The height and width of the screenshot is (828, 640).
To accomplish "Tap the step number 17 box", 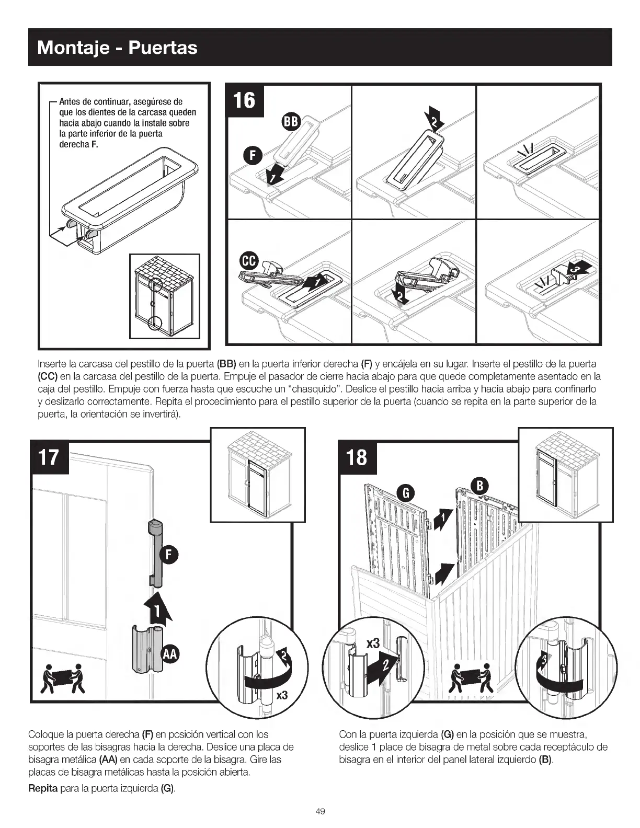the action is [50, 457].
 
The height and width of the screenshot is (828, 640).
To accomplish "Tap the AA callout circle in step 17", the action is [170, 653].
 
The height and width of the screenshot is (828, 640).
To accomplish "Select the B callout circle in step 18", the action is [479, 486].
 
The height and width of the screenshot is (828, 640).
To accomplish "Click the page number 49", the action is [321, 811].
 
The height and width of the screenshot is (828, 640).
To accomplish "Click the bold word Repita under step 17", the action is [43, 788].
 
